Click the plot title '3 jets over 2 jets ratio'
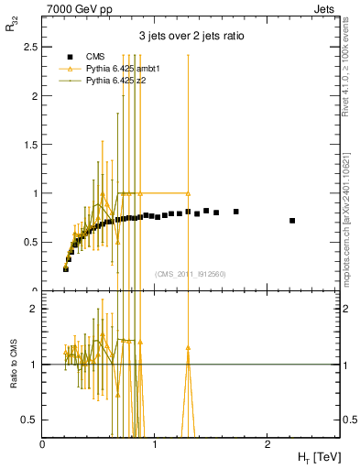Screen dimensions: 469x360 pyautogui.click(x=190, y=36)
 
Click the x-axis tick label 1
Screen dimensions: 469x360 pyautogui.click(x=155, y=442)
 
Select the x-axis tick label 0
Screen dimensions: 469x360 pyautogui.click(x=43, y=442)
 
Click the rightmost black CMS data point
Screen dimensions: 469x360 pyautogui.click(x=292, y=221)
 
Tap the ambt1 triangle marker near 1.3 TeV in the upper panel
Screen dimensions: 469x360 pyautogui.click(x=188, y=193)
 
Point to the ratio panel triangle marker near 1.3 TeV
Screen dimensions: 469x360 pyautogui.click(x=188, y=348)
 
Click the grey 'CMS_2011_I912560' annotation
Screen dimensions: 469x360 pyautogui.click(x=190, y=273)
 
